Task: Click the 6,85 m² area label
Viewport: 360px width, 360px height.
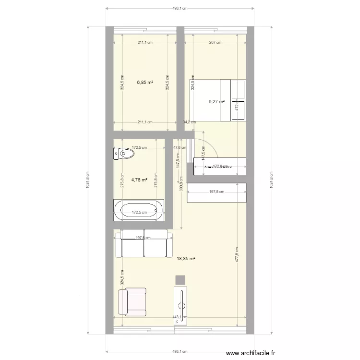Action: (145, 82)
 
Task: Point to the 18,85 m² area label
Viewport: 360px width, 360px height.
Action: (186, 258)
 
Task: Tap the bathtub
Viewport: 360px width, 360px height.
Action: (139, 210)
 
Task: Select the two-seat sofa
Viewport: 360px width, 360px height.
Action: (144, 243)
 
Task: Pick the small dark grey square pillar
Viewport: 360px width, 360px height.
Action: (180, 280)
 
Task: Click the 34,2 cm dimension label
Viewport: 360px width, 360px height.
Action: (189, 122)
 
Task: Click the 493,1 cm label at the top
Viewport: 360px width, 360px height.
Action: (180, 8)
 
